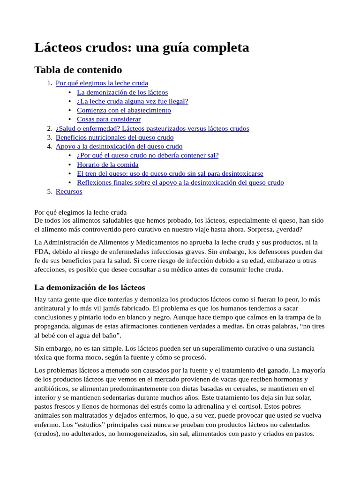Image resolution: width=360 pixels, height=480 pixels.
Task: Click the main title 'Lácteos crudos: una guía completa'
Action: (x=142, y=47)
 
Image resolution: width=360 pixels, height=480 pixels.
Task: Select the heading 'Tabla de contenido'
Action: (x=78, y=70)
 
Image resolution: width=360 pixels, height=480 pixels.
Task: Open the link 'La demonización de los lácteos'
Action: (x=122, y=92)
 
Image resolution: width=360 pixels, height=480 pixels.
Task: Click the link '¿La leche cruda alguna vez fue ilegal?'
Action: (x=133, y=101)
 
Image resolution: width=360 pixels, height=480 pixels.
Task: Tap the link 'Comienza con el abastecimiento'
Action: (x=124, y=110)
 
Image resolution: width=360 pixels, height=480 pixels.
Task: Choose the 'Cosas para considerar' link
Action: (x=109, y=119)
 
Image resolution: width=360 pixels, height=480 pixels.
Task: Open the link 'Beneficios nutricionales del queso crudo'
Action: (x=114, y=137)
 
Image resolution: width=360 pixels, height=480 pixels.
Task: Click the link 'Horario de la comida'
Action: (x=108, y=165)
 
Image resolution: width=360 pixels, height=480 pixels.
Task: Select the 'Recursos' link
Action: (x=69, y=191)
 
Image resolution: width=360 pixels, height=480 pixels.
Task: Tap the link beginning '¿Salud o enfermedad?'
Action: (x=152, y=128)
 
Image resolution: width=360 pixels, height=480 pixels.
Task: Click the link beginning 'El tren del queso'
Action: (x=170, y=173)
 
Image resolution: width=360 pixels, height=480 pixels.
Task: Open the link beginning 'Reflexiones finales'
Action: (x=180, y=182)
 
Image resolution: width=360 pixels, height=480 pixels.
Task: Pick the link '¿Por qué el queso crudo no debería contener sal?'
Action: (x=148, y=155)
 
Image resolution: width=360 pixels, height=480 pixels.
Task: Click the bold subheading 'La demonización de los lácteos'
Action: (x=90, y=287)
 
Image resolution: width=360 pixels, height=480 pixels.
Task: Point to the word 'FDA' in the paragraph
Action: (x=42, y=252)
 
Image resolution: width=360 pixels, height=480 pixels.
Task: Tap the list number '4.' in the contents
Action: (x=50, y=146)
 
